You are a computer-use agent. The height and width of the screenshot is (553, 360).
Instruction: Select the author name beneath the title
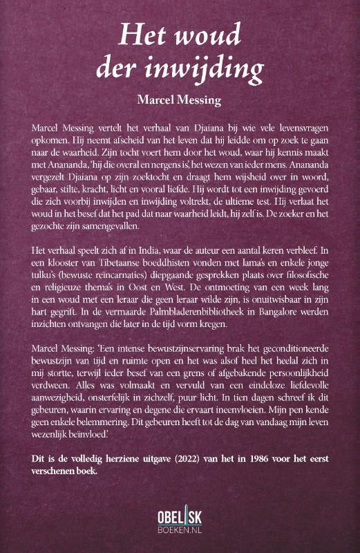[x=179, y=101]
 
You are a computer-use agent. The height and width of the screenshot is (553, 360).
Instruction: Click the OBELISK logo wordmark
[x=180, y=515]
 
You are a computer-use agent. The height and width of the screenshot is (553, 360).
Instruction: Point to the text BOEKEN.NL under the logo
[x=180, y=529]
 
